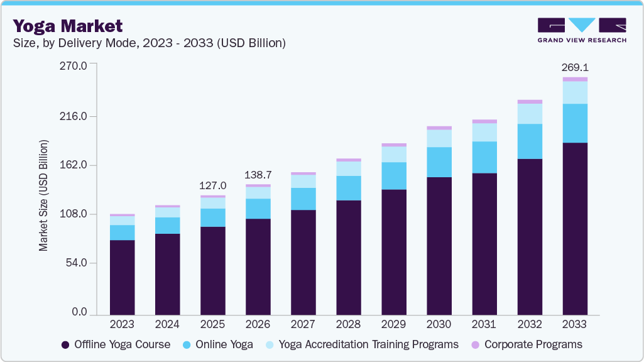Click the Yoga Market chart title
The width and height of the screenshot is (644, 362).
tap(68, 26)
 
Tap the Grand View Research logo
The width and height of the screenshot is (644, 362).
tap(582, 30)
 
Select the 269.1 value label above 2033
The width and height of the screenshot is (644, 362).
tap(575, 67)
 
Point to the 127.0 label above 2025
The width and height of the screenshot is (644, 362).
tap(213, 185)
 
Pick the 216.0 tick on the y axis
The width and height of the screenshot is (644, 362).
tap(74, 116)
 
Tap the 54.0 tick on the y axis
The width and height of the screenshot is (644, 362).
tap(77, 263)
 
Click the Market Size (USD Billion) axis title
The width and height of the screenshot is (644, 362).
tap(44, 196)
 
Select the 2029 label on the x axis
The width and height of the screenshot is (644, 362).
tap(394, 324)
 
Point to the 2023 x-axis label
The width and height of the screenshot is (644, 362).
tap(122, 324)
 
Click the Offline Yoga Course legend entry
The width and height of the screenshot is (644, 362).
tap(116, 344)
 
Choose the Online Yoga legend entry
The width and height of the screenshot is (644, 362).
tap(218, 344)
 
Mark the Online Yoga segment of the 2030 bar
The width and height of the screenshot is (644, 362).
tap(439, 162)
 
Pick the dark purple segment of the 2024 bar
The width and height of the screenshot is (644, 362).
tap(167, 274)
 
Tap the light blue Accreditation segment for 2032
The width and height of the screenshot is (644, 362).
tap(530, 114)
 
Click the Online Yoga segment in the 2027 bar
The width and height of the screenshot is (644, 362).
tap(303, 199)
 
